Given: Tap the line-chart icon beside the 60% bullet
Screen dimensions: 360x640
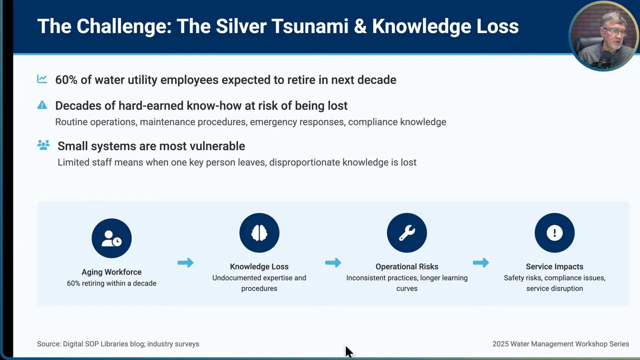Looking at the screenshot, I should [42, 79].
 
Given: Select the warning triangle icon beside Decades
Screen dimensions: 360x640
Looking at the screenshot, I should [42, 105].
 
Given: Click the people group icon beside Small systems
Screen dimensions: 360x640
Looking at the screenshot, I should [43, 145].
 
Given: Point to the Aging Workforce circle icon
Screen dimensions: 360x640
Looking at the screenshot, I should [111, 238].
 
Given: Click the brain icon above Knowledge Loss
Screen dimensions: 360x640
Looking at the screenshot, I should [259, 233].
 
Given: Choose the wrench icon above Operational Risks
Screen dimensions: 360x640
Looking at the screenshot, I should [406, 233].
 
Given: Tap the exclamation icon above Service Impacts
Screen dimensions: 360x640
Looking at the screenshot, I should [554, 233].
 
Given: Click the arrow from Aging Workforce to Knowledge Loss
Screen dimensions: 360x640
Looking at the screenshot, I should [185, 262].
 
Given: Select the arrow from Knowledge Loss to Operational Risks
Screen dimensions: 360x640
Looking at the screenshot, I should [333, 262].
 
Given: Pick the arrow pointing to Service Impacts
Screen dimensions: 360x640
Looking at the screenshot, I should [480, 262].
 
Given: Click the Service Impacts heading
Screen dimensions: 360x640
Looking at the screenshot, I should [554, 267].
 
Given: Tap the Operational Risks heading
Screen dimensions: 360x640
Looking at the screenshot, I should [406, 267].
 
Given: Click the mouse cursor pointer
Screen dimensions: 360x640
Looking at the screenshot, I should [348, 351].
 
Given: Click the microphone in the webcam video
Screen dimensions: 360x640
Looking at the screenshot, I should [603, 60].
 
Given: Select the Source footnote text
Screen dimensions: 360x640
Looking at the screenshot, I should [118, 344].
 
